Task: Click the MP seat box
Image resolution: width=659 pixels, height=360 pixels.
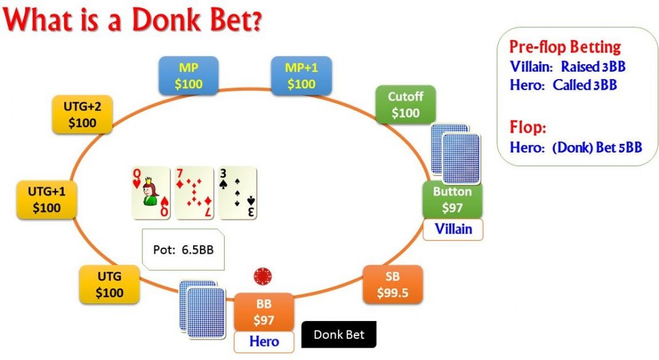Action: (189, 75)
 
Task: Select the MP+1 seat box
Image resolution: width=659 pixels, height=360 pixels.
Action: (301, 75)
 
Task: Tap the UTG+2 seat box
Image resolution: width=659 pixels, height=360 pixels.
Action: (82, 114)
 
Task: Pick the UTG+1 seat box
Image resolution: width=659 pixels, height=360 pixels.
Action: (46, 199)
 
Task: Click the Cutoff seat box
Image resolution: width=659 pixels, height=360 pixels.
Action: (405, 104)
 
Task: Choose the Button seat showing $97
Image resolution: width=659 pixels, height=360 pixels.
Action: (452, 199)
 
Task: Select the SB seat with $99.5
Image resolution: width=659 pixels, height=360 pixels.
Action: (392, 284)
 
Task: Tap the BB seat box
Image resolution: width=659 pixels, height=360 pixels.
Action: (263, 312)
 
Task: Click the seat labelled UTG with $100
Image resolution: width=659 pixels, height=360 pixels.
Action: (109, 284)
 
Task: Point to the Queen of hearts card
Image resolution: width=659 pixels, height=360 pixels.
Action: (151, 193)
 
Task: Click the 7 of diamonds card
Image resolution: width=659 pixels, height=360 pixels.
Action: (194, 193)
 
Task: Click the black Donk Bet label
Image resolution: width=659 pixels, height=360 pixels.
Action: (339, 335)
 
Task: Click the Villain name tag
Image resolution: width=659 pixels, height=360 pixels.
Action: (453, 229)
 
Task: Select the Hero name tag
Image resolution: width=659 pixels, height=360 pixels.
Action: (263, 341)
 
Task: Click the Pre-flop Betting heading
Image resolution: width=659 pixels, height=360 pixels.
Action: (565, 48)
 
